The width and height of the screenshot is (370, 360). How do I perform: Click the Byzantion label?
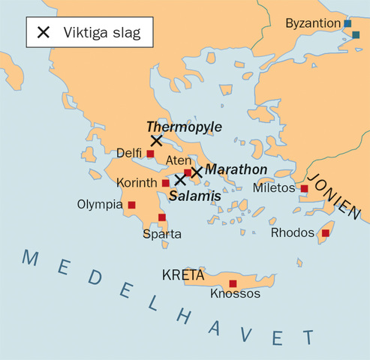[312, 24]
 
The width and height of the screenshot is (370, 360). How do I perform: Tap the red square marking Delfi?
[150, 154]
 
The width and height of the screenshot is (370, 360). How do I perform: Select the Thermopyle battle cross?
[156, 140]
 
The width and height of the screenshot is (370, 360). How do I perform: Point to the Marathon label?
[236, 169]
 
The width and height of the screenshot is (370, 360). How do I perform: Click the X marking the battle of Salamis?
[180, 179]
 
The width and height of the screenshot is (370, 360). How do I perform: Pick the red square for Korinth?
[165, 183]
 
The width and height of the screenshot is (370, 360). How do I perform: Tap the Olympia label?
[101, 204]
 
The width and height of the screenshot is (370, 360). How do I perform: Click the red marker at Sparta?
[162, 217]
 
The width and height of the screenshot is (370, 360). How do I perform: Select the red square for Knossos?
[233, 283]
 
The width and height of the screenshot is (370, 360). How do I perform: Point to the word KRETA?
[183, 276]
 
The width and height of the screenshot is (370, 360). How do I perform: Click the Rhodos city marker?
[325, 233]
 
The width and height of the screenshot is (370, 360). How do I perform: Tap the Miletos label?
[274, 187]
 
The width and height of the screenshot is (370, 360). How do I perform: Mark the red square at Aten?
[188, 172]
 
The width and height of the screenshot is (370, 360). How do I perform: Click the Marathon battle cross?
[197, 172]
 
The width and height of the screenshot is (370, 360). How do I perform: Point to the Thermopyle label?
[184, 127]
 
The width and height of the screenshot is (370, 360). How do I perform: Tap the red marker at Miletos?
[304, 189]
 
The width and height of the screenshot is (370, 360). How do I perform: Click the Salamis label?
[194, 195]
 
